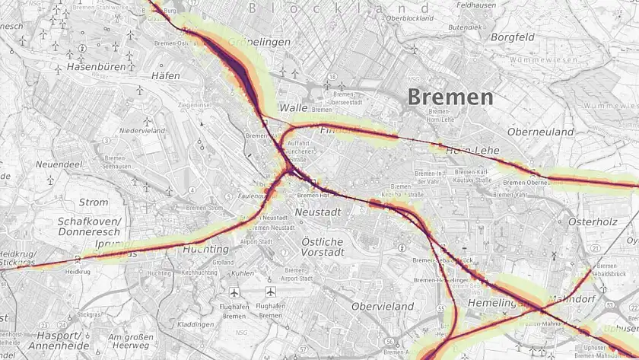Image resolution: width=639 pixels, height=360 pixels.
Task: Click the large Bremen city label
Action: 450,97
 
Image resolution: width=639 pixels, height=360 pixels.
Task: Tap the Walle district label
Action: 293,108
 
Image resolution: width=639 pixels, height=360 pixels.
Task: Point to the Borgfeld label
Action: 513,37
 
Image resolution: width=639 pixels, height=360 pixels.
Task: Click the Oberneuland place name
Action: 540,132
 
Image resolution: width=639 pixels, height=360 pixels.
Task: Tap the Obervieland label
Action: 383,306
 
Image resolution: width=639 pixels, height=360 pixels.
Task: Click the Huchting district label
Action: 206,249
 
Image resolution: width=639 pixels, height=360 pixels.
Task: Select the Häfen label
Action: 166,76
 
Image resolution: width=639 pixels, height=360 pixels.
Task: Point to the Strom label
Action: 94,202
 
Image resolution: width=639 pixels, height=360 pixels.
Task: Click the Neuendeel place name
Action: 59,164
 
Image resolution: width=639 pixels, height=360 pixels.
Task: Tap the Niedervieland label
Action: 142,131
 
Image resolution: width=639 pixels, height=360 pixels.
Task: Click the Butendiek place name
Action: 465,27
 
